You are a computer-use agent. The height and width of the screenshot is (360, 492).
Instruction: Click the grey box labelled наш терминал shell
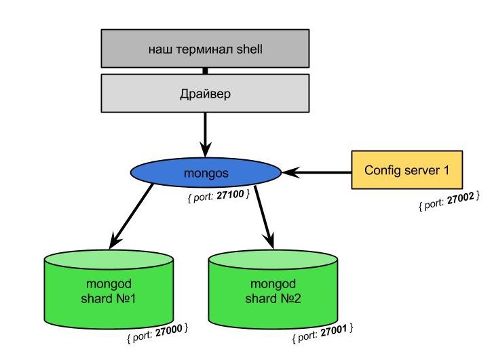tap(204, 49)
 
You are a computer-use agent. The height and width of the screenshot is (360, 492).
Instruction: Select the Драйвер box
tap(204, 93)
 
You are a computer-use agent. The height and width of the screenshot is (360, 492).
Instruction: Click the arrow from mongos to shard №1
tap(132, 216)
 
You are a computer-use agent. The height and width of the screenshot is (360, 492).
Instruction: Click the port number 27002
tap(461, 199)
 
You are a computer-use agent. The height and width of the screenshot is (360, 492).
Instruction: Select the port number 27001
tap(334, 332)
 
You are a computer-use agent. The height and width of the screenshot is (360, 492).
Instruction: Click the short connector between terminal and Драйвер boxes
tap(204, 70)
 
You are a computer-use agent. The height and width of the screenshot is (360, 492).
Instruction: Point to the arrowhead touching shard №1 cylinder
tap(114, 241)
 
